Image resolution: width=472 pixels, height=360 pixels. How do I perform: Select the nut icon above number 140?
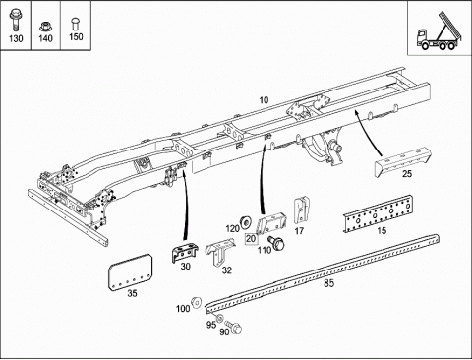tap(45, 27)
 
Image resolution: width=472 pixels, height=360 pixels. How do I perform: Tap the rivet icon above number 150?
tap(75, 24)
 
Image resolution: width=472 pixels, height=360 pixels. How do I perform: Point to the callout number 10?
tap(264, 100)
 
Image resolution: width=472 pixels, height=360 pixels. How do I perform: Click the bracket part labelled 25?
tap(403, 161)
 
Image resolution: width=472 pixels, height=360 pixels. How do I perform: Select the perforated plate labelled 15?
tap(378, 214)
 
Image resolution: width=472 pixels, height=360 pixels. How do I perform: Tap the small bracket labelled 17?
tap(301, 210)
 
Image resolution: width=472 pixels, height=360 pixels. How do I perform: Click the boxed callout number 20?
tap(251, 239)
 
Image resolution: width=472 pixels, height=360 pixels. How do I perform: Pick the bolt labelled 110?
tap(276, 243)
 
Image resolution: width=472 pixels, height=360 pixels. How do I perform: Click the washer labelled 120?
tap(245, 222)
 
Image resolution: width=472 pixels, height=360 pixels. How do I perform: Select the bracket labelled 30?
tap(184, 253)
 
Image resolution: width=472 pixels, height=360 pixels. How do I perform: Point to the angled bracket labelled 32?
tap(220, 253)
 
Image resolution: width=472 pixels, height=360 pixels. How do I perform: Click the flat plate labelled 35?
tap(130, 271)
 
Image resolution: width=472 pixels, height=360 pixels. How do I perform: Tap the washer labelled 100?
tap(196, 302)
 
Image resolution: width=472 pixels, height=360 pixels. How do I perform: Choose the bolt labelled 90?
tap(235, 328)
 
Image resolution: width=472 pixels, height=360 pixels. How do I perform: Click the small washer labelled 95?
tap(220, 318)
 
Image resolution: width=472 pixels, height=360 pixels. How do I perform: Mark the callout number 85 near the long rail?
tap(329, 283)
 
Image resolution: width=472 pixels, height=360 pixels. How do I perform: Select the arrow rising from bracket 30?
tap(188, 206)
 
